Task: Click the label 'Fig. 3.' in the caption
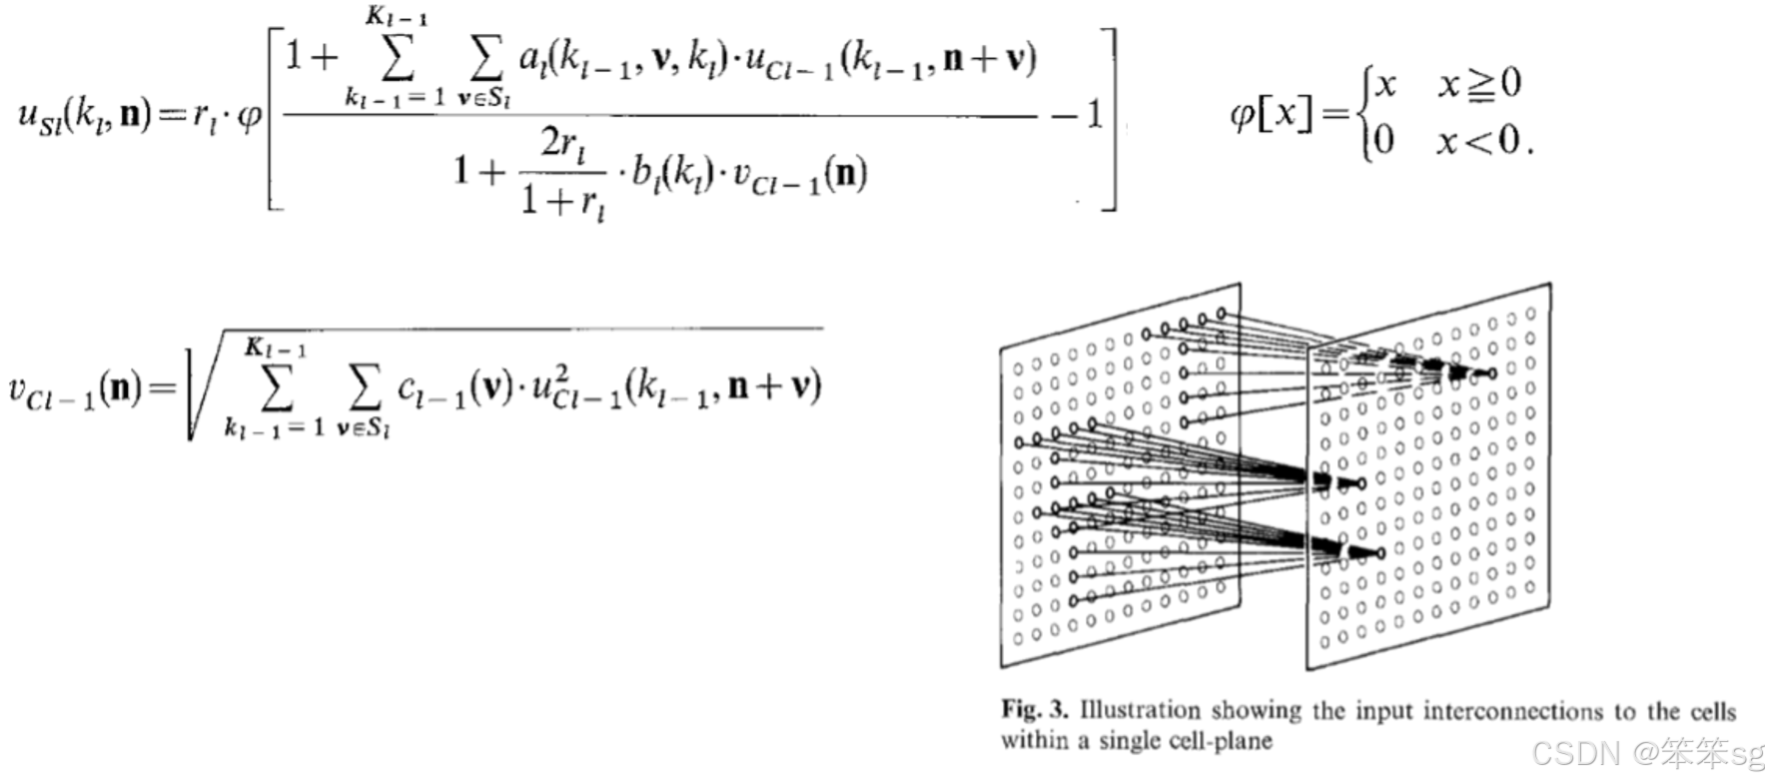[x=1034, y=710]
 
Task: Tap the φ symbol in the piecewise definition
[x=1242, y=115]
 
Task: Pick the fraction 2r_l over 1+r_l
[x=562, y=174]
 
